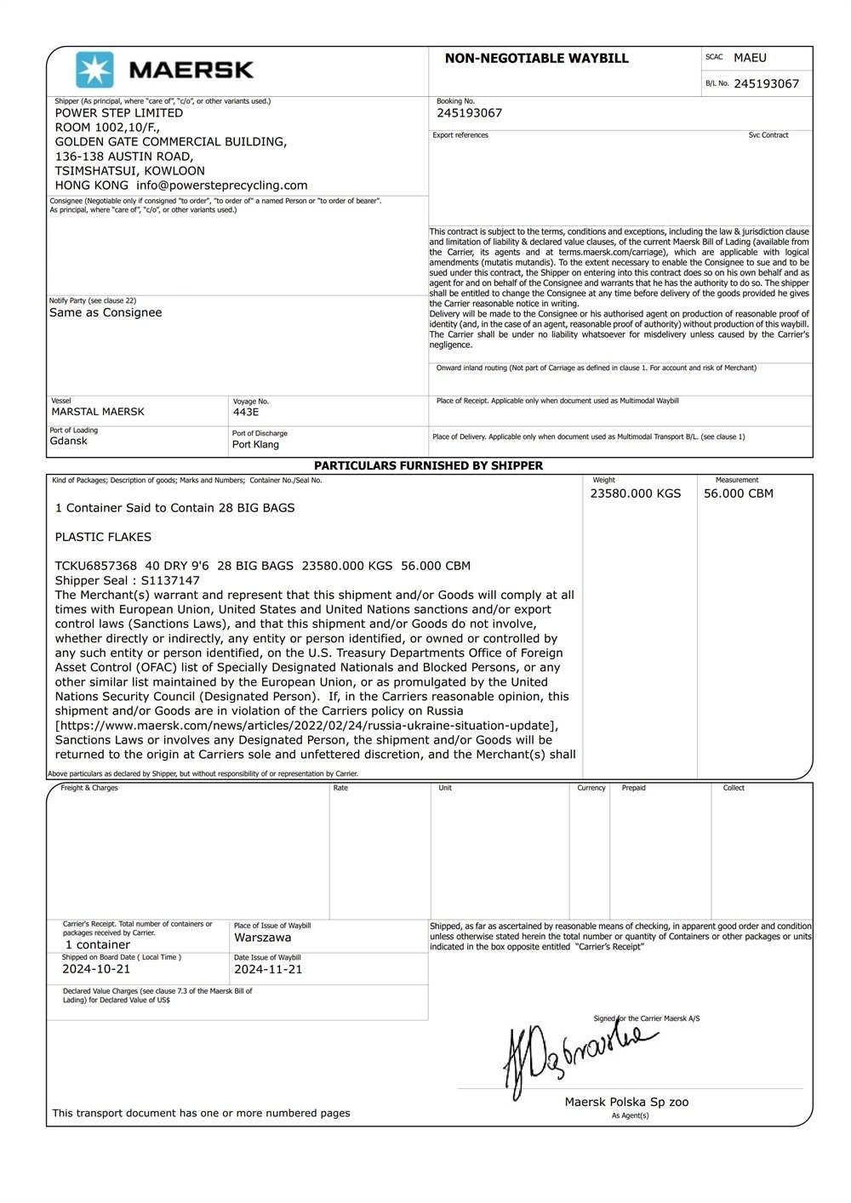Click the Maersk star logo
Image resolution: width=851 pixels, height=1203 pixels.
(x=94, y=70)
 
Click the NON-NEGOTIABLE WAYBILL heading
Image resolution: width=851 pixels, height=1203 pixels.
(x=536, y=59)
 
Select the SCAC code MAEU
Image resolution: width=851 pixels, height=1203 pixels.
(x=750, y=58)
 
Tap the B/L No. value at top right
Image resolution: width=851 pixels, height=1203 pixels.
(x=766, y=83)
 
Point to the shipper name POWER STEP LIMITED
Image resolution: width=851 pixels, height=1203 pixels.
(x=119, y=113)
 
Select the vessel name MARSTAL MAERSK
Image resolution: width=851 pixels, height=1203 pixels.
(x=98, y=412)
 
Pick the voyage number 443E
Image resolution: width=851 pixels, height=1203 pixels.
(x=246, y=412)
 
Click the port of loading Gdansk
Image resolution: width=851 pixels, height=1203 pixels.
(x=69, y=442)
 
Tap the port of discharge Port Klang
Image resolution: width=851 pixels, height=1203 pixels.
(x=255, y=445)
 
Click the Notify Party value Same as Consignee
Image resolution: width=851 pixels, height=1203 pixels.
(x=106, y=313)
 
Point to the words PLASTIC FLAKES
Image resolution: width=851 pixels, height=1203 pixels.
(x=103, y=537)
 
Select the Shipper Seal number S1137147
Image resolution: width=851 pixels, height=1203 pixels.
(x=170, y=581)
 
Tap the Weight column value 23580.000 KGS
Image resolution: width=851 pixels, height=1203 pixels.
(x=636, y=493)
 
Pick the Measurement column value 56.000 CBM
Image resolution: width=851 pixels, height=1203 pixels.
(x=739, y=493)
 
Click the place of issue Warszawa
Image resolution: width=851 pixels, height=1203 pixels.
(x=263, y=938)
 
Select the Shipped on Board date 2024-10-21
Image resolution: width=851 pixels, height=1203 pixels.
(x=96, y=969)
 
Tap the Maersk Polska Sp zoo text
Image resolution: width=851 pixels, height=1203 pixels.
(x=626, y=1103)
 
